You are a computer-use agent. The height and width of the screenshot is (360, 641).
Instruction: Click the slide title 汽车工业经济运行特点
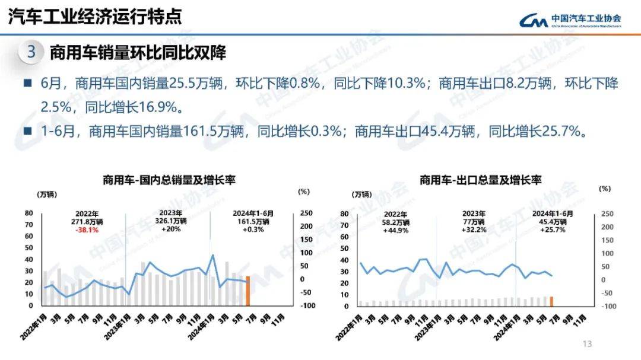pos(95,17)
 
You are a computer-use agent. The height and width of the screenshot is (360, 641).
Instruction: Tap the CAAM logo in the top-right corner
pos(570,20)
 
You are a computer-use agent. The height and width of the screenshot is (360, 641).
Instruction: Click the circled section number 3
pos(31,52)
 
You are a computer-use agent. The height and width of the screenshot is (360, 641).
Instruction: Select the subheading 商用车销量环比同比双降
pos(138,53)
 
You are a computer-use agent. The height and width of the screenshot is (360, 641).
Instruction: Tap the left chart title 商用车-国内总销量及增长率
pos(169,180)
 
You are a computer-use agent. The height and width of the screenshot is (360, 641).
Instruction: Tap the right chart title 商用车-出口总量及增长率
pos(480,180)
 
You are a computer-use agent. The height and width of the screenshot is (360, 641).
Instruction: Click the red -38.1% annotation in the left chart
pos(87,230)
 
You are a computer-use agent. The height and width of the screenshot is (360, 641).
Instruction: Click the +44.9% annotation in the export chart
pos(395,230)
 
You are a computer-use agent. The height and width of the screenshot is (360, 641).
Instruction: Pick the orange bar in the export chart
pos(551,301)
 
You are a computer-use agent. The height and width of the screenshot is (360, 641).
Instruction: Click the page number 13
pos(588,343)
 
